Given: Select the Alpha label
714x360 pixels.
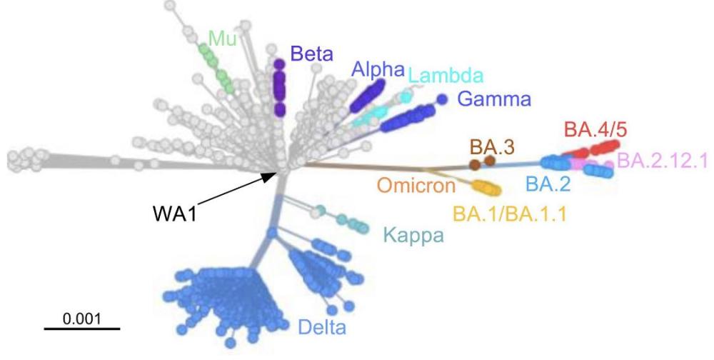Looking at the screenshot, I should pos(378,69).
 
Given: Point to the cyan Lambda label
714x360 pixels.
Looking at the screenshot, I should pos(446,75).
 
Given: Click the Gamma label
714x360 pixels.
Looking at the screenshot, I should pos(495,99).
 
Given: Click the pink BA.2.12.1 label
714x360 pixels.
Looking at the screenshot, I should pos(662,160).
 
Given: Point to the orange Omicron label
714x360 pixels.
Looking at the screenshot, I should pos(416,186).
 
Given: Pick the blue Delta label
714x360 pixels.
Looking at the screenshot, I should pos(323,329).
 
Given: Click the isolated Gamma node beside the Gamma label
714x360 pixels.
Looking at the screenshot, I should pos(442,99).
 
